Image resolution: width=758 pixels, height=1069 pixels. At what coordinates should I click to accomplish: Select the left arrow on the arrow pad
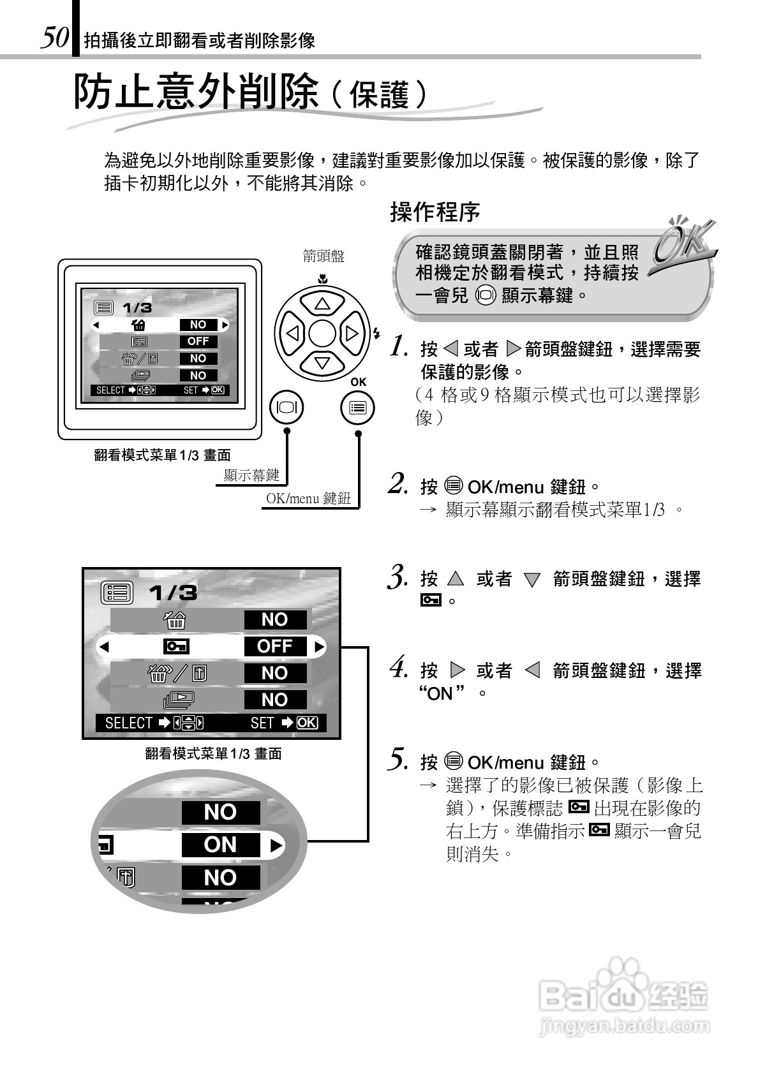tap(292, 334)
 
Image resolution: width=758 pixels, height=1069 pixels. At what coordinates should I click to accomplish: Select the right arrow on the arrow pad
tap(352, 334)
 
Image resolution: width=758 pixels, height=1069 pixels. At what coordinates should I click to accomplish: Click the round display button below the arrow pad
tap(286, 408)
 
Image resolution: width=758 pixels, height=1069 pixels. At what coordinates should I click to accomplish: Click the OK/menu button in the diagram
tap(357, 408)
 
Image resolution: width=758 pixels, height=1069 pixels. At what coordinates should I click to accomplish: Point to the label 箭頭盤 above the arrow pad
tap(323, 256)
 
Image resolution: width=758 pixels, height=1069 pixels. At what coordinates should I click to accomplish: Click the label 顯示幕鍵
tap(251, 475)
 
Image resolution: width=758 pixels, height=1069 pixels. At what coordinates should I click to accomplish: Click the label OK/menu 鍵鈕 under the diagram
tap(309, 499)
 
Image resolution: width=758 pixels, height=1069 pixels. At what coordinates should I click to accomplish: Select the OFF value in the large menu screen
tap(275, 646)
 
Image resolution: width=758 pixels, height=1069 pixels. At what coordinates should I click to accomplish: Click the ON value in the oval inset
tap(220, 844)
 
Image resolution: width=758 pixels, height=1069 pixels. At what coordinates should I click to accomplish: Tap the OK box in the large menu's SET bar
tap(307, 723)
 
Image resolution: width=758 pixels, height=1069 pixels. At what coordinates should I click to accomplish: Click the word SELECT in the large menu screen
tap(128, 723)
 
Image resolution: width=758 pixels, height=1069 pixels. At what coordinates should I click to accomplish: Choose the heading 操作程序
tap(435, 212)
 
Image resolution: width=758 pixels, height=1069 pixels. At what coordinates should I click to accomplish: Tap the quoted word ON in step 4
tap(440, 693)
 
